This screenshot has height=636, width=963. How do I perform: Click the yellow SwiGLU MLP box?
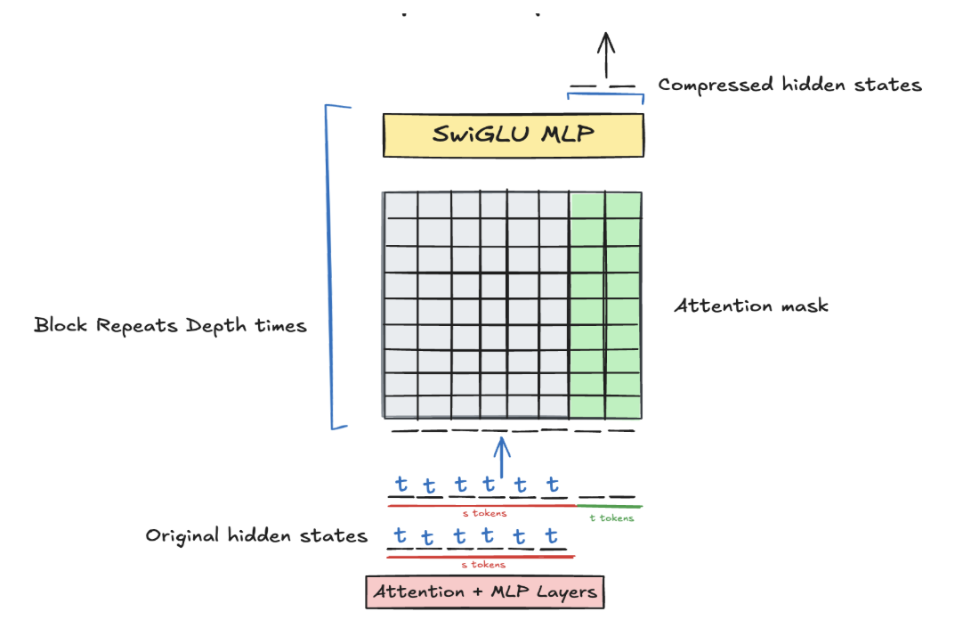coord(514,135)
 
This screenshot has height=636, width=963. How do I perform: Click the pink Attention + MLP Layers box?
coord(485,592)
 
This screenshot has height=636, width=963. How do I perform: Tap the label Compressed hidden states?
coord(789,86)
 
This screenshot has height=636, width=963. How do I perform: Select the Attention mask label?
coord(751,306)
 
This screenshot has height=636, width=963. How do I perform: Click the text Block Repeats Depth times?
coord(170,325)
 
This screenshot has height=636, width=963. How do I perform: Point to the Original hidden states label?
coord(256,535)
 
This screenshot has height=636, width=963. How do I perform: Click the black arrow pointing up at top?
coord(606,55)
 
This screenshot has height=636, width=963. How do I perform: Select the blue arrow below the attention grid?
coord(502,454)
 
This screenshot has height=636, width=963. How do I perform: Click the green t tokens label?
coord(611,518)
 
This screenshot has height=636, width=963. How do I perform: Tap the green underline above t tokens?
coord(611,507)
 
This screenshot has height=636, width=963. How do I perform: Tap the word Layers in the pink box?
coord(566,592)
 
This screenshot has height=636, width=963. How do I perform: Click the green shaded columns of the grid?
coord(604,306)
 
